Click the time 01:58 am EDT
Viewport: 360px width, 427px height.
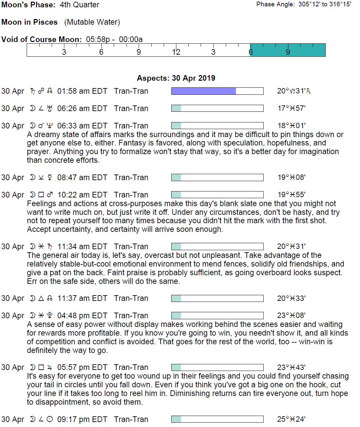(x=82, y=91)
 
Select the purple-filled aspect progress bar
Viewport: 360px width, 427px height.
(x=217, y=91)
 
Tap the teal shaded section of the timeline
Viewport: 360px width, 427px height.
(x=288, y=50)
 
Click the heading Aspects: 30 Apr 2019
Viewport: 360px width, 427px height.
(x=176, y=78)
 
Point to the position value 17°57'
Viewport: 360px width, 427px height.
(x=291, y=108)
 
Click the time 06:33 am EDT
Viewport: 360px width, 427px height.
(x=82, y=126)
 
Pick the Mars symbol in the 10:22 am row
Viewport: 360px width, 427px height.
(x=50, y=195)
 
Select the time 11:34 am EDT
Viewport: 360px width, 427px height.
(x=82, y=247)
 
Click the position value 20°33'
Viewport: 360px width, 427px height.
(x=291, y=298)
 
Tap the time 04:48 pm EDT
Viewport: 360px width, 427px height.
(x=82, y=316)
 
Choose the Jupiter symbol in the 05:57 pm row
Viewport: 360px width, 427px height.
(x=50, y=368)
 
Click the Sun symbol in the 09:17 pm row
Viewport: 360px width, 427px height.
(x=50, y=419)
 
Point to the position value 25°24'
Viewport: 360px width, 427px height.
(x=291, y=419)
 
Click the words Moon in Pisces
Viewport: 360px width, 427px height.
(x=30, y=22)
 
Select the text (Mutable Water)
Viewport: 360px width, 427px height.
(x=92, y=22)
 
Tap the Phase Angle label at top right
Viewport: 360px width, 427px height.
(x=275, y=4)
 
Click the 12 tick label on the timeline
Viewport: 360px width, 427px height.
(x=176, y=52)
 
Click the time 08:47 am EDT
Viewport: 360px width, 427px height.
(x=82, y=177)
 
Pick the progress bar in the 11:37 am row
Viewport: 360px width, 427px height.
(x=217, y=298)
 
